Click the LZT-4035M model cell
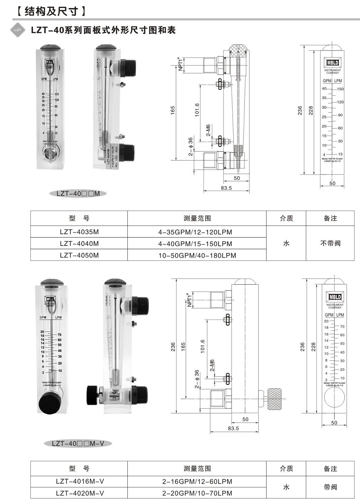coord(79,232)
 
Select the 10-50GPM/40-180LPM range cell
coord(197,255)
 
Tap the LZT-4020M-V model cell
coord(80,493)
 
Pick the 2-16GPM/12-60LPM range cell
coord(197,482)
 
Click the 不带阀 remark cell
coord(330,243)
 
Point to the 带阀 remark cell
coord(330,487)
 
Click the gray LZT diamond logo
coord(18,30)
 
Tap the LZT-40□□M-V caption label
coord(78,443)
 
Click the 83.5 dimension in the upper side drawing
coord(226,188)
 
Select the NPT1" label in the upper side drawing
coord(180,64)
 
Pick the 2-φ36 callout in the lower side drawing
coord(197,379)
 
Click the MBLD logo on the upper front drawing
coord(332,63)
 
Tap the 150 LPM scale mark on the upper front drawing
coord(340,89)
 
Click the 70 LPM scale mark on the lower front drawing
coord(342,326)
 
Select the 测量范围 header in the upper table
coord(197,218)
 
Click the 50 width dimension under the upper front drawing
coord(332,183)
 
